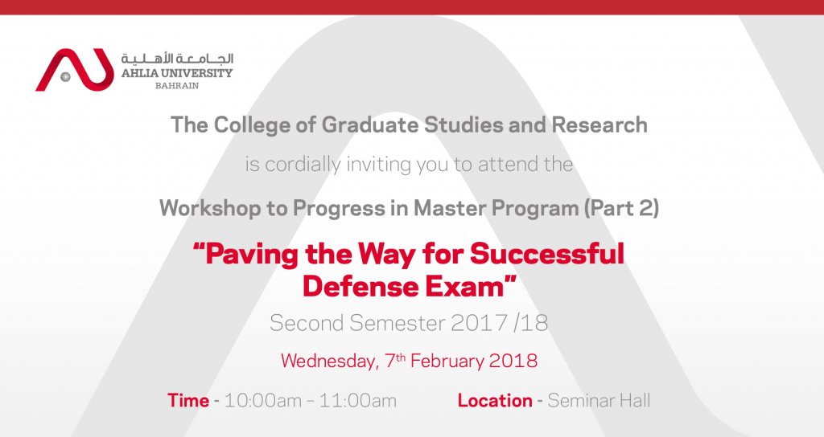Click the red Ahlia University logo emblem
(x=75, y=71)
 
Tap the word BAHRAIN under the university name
(x=176, y=86)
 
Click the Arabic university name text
(x=177, y=59)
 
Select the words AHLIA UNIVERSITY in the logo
(x=177, y=73)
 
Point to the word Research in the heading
(x=599, y=125)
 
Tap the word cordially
(x=303, y=165)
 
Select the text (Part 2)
(x=621, y=208)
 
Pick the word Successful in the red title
(x=547, y=253)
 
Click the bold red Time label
(x=188, y=401)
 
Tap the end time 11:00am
(x=358, y=401)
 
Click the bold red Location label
(x=495, y=401)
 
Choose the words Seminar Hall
(x=599, y=401)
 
